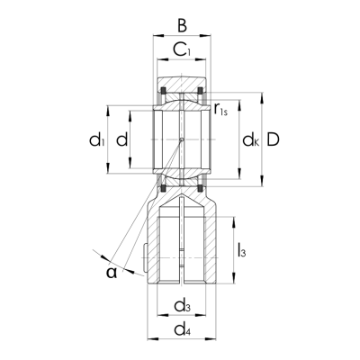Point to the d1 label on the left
[x=96, y=139]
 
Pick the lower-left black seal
[x=161, y=187]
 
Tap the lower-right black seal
[x=202, y=187]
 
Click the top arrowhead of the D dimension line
[x=262, y=93]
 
